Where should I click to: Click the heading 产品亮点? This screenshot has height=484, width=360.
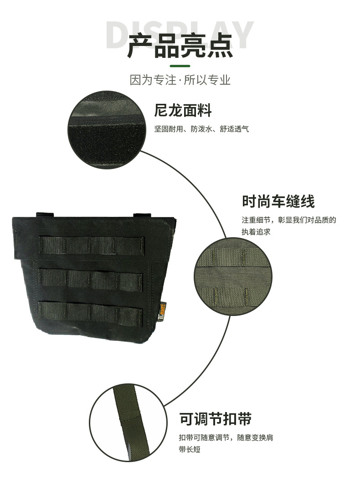[x=180, y=46]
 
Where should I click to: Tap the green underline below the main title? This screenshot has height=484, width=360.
[x=180, y=66]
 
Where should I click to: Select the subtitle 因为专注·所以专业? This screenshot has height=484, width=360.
[x=180, y=80]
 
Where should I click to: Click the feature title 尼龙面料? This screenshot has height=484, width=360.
[x=183, y=110]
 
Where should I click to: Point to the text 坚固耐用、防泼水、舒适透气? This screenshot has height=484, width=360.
[x=201, y=129]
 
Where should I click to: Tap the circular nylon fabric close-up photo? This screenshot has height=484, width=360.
[x=107, y=130]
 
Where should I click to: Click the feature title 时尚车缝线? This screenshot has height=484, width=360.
[x=278, y=202]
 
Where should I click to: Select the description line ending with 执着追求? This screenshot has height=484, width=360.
[x=256, y=231]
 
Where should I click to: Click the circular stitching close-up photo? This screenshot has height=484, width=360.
[x=233, y=277]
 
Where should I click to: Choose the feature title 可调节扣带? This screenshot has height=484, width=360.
[x=216, y=419]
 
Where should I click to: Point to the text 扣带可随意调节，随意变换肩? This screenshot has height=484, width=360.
[x=226, y=438]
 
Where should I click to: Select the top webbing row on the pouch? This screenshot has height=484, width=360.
[x=92, y=246]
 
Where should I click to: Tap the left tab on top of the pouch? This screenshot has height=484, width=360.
[x=45, y=215]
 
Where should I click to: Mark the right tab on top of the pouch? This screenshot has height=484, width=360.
[x=142, y=215]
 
